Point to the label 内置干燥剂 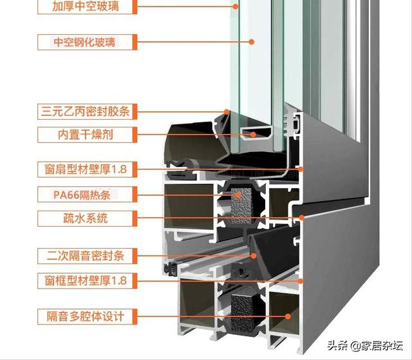point(86,135)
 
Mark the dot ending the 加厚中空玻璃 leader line point(236,7)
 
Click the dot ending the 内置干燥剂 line point(253,135)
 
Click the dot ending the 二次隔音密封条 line point(253,256)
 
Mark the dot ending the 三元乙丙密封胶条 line point(227,111)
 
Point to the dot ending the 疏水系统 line point(300,218)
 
